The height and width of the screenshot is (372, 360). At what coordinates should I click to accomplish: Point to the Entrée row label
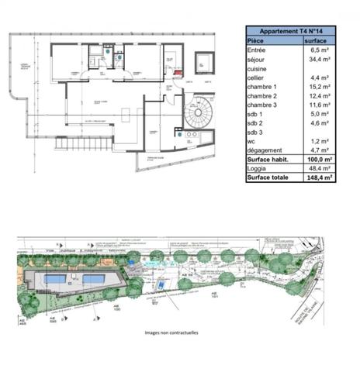[x=257, y=49]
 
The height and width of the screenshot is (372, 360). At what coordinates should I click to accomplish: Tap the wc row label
[x=251, y=142]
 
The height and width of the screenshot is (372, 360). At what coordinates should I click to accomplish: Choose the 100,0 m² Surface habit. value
[x=319, y=159]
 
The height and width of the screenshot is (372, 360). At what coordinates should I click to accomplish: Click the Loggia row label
[x=258, y=168]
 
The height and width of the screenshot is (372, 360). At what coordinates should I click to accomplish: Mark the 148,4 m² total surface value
[x=319, y=177]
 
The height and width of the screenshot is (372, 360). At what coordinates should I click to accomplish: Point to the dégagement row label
[x=265, y=150]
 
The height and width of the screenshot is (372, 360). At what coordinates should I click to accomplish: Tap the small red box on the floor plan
[x=179, y=74]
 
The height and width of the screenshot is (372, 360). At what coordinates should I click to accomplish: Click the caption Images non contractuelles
[x=171, y=332]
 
